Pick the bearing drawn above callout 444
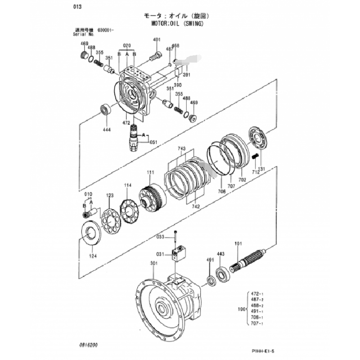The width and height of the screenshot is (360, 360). (106, 109)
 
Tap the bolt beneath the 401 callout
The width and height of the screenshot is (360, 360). (156, 57)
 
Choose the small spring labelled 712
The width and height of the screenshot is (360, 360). (255, 157)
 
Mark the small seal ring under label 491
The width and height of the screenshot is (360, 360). (210, 281)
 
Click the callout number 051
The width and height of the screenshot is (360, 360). (154, 142)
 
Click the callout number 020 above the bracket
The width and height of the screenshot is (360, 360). (126, 46)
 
